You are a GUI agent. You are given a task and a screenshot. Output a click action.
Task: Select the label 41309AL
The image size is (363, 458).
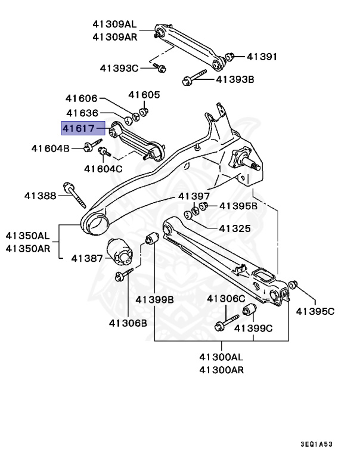tap(114, 24)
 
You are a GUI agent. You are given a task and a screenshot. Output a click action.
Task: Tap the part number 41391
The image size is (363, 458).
tap(262, 57)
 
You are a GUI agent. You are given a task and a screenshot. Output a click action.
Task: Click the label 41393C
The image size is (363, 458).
tap(119, 68)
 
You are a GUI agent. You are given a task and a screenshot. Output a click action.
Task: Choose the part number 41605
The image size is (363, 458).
tap(144, 95)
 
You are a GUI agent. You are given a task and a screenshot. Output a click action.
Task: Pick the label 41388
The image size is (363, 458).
tap(40, 195)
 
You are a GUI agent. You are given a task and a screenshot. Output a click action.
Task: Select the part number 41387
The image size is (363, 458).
tap(87, 258)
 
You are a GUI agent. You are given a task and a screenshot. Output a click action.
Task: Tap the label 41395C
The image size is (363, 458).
tap(315, 311)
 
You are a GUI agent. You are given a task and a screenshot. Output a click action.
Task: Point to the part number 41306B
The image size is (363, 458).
tap(128, 323)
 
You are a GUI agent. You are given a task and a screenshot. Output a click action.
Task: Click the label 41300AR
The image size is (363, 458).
tap(221, 369)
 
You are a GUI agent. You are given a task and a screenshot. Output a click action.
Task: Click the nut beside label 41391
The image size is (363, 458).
tap(231, 57)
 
